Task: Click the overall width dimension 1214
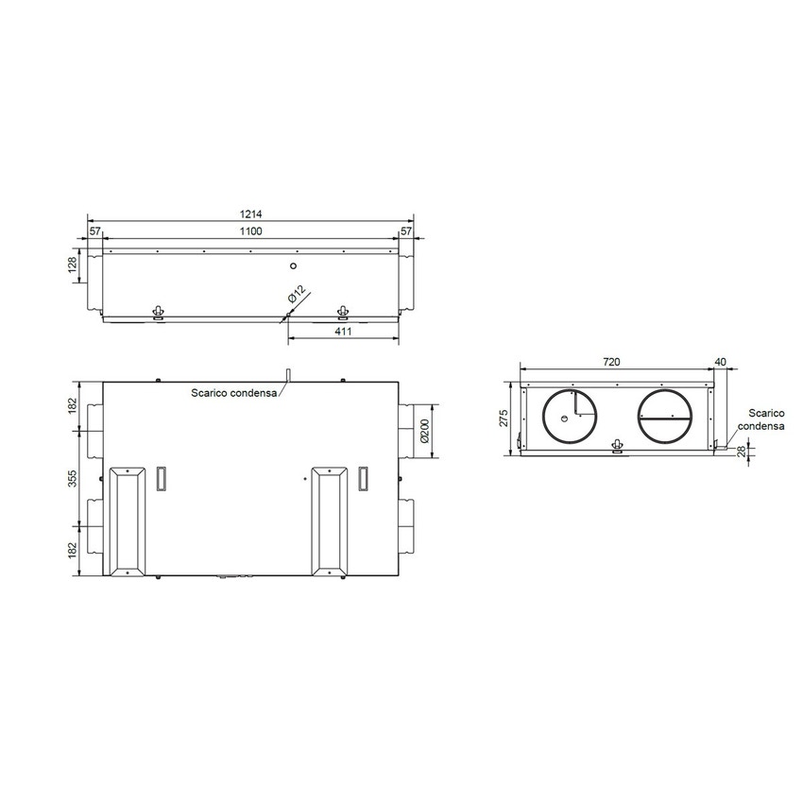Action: pos(249,215)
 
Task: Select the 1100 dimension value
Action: pos(249,231)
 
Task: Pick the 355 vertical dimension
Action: pos(72,481)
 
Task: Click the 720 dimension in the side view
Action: pos(612,363)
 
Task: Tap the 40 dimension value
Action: pos(722,363)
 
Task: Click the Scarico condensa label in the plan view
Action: pos(233,393)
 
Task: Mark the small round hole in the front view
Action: pos(294,267)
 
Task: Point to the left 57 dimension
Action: pos(95,231)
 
